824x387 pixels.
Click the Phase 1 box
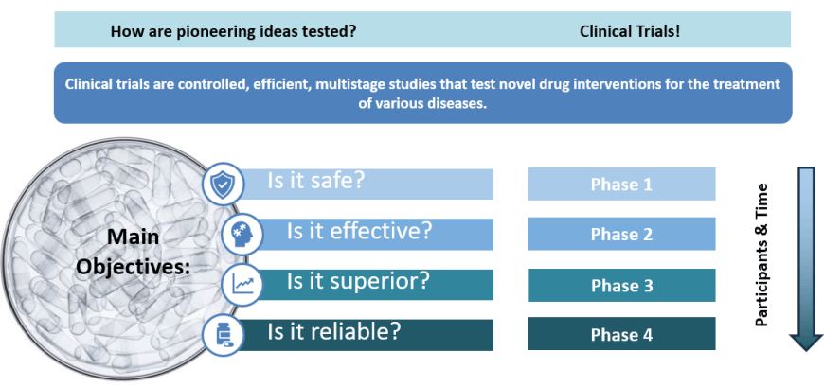click(621, 184)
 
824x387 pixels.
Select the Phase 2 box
click(621, 234)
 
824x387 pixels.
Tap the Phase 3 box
click(621, 285)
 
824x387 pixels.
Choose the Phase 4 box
click(621, 334)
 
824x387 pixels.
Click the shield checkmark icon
click(224, 184)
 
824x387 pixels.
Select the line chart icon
click(242, 285)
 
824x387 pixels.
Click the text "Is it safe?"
click(315, 181)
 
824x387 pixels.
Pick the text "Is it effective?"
click(359, 231)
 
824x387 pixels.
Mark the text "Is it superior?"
click(358, 282)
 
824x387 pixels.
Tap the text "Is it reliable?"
click(334, 331)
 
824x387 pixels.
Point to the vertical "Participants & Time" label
click(761, 255)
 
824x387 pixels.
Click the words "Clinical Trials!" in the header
click(630, 31)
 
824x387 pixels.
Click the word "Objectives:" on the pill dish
click(133, 267)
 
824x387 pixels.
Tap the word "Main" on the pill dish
click(133, 237)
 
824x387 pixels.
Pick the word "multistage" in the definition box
click(337, 84)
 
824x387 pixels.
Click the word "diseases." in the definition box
click(460, 103)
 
